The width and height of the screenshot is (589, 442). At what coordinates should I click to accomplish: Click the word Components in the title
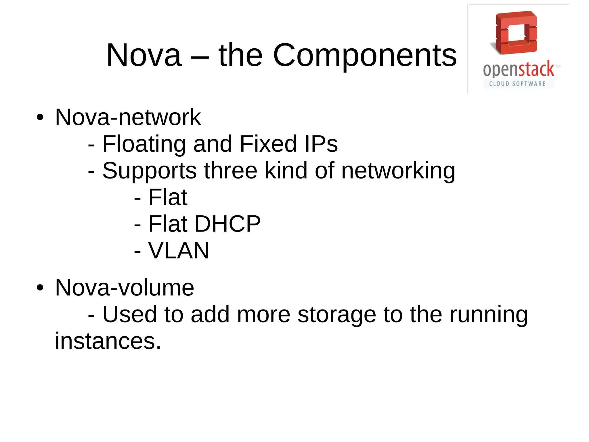(x=365, y=55)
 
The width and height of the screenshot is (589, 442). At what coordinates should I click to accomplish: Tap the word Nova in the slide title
(x=144, y=55)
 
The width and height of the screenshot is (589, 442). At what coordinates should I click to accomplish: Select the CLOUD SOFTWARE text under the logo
(x=517, y=84)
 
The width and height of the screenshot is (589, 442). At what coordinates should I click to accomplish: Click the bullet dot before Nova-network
(x=40, y=117)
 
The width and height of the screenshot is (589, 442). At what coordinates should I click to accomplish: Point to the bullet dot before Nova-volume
(x=40, y=288)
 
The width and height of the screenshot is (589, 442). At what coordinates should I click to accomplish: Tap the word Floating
(x=144, y=144)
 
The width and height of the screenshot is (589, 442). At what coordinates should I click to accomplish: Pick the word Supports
(x=150, y=171)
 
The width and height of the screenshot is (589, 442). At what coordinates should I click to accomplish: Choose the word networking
(x=398, y=171)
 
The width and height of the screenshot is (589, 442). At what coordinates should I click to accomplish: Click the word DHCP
(x=227, y=224)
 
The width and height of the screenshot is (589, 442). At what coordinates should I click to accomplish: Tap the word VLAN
(x=179, y=251)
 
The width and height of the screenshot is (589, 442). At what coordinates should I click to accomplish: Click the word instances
(x=108, y=341)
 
